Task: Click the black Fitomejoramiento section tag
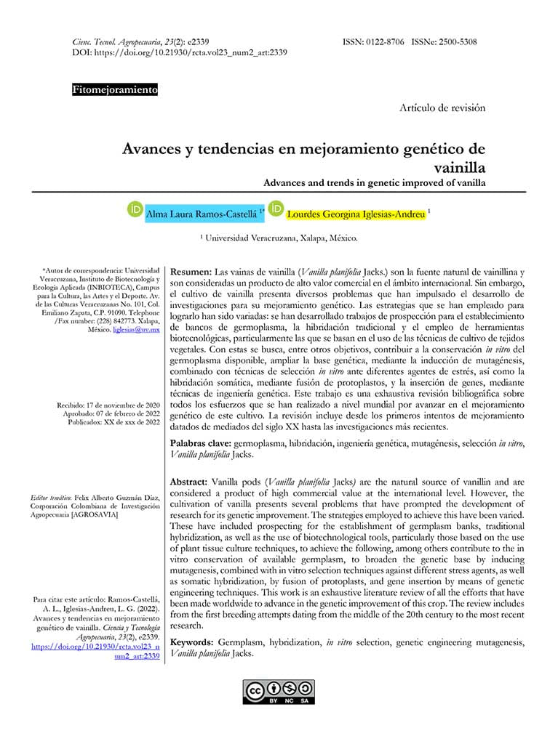click(x=115, y=91)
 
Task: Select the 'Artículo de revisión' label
click(x=442, y=108)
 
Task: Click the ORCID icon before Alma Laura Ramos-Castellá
click(x=135, y=210)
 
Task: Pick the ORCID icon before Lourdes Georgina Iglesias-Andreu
click(x=276, y=209)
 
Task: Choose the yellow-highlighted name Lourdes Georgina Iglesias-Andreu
click(x=356, y=214)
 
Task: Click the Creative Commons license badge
click(x=279, y=692)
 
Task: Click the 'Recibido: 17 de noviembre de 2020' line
click(x=108, y=405)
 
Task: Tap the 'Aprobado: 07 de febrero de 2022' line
click(x=111, y=413)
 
